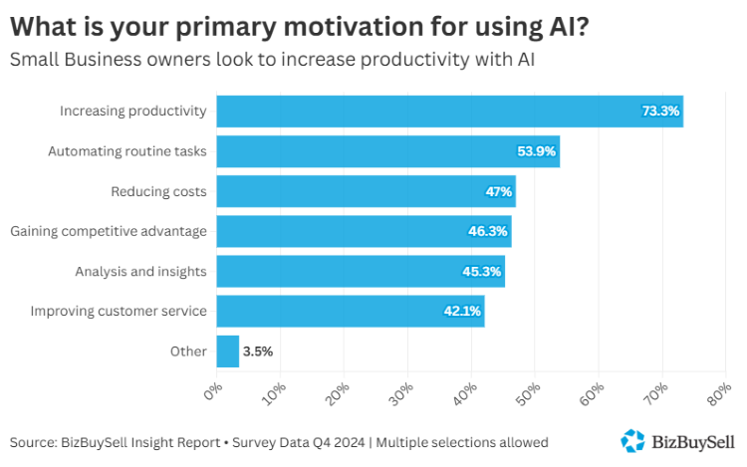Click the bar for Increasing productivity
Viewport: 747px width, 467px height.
(448, 112)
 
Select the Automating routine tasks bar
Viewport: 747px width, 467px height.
(387, 151)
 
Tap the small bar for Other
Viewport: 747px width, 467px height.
(227, 350)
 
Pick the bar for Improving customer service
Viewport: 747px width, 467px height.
(350, 311)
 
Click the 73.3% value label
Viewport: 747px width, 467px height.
(659, 112)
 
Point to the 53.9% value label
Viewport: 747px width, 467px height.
(537, 151)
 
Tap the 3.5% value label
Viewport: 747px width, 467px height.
(257, 350)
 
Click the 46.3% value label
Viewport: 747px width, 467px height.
(489, 231)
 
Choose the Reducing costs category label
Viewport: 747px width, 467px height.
(158, 191)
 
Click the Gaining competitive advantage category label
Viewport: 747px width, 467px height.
(109, 231)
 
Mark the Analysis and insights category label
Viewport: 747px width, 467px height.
(140, 271)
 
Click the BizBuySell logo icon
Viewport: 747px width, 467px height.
(632, 440)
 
